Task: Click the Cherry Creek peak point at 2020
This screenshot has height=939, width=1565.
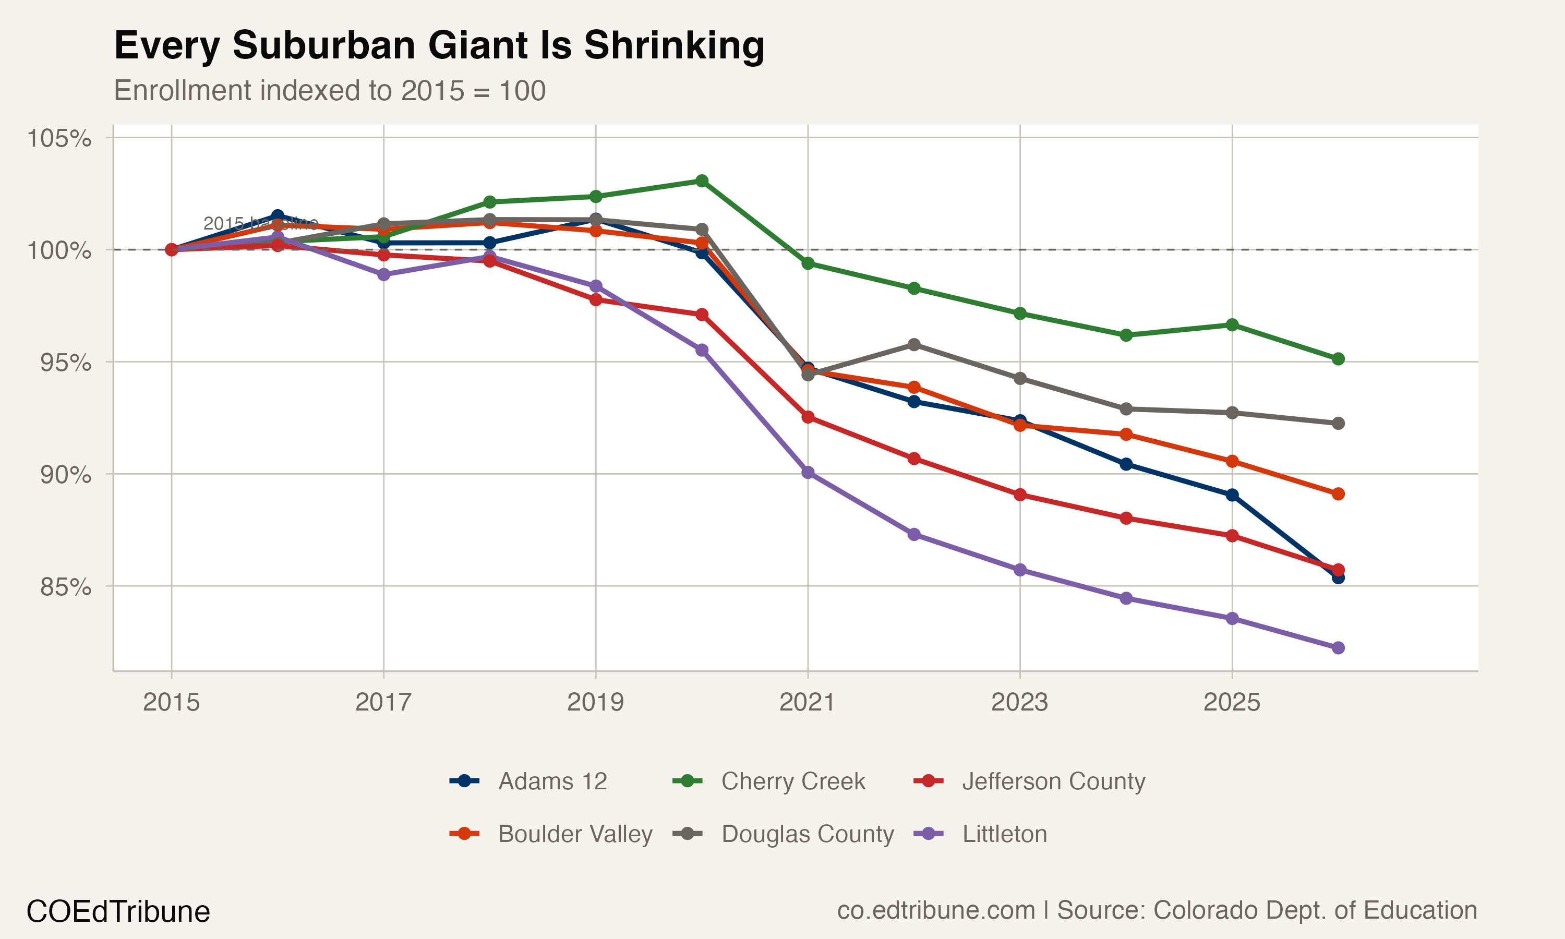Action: pos(702,181)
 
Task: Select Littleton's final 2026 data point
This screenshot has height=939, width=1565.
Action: pos(1338,648)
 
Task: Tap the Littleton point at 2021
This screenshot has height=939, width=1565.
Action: pos(808,473)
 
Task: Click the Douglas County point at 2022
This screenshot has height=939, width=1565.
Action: pos(914,345)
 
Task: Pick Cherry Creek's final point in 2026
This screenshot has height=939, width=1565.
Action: pos(1338,359)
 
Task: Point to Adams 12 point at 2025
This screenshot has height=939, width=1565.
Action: pos(1232,495)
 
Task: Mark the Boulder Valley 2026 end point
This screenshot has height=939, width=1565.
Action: pos(1338,494)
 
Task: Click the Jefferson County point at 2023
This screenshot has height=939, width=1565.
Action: pos(1020,495)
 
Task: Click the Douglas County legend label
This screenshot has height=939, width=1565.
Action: pos(807,834)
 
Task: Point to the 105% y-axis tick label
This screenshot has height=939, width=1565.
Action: pos(59,138)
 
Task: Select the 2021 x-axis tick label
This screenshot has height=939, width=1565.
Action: pos(807,702)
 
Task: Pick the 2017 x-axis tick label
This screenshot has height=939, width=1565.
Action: pos(383,702)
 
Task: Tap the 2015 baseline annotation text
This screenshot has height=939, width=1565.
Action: pos(261,223)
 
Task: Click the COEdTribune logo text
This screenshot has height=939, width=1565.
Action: pos(118,912)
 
